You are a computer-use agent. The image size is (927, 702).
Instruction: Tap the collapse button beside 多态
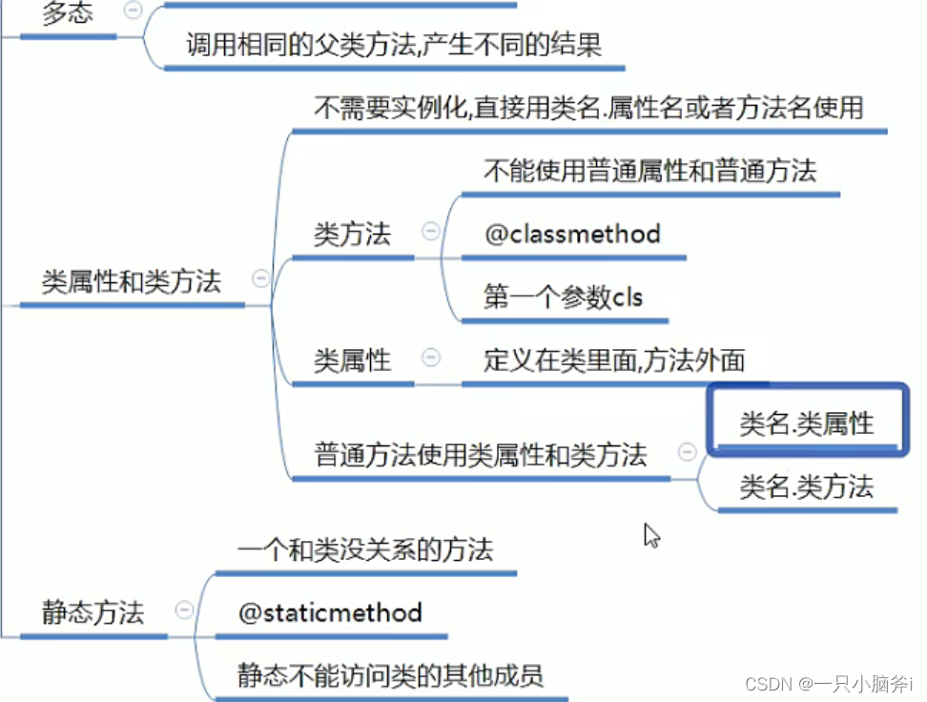(x=134, y=10)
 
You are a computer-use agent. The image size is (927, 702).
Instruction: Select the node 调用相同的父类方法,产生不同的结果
(x=394, y=45)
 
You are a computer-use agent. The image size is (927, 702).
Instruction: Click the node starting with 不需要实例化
(x=588, y=108)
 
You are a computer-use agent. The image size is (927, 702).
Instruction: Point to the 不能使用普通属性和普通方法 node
(x=649, y=172)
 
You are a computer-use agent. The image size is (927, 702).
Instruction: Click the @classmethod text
(x=572, y=234)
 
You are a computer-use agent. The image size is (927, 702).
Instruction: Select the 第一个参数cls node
(x=563, y=298)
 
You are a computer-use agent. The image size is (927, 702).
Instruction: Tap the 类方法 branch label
(x=352, y=234)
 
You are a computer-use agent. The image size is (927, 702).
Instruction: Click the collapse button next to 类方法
(x=431, y=231)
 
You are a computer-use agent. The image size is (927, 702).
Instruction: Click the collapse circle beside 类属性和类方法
(x=260, y=279)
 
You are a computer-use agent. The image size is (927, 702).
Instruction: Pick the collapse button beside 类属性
(x=431, y=357)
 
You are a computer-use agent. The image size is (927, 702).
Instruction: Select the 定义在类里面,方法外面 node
(x=614, y=361)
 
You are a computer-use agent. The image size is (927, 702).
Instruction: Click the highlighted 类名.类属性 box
(x=806, y=423)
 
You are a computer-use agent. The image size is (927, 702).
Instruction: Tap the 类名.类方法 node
(x=806, y=487)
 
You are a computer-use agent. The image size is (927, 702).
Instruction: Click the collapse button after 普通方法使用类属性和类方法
(x=686, y=452)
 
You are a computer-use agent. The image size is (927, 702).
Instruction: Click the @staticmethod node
(x=330, y=612)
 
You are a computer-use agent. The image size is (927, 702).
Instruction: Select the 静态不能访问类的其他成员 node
(x=390, y=676)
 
